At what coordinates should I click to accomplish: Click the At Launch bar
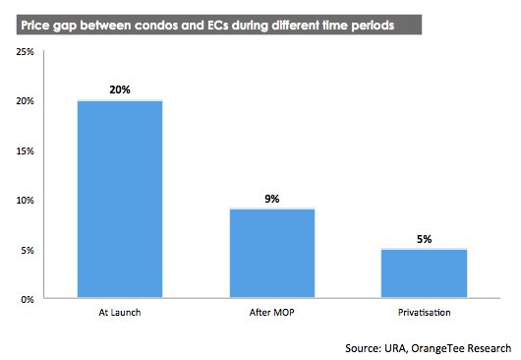click(x=121, y=200)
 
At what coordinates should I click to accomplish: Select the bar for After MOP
click(x=272, y=254)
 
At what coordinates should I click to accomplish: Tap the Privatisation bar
click(x=425, y=274)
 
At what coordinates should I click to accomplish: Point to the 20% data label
click(x=120, y=90)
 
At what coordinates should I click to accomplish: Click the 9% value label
click(x=272, y=198)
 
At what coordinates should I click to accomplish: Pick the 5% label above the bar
click(x=425, y=238)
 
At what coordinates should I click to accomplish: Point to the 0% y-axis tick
click(x=28, y=299)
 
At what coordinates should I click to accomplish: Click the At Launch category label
click(x=121, y=314)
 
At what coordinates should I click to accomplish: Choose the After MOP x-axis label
click(x=272, y=314)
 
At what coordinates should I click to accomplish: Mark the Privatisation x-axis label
click(x=425, y=314)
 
